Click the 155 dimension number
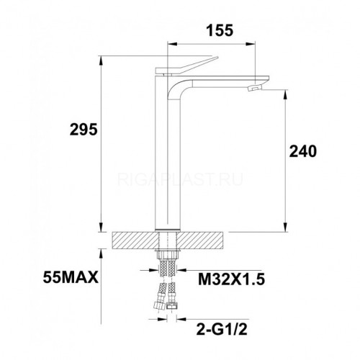click(220, 30)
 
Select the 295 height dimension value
click(84, 130)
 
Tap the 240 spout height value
click(303, 151)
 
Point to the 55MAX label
click(71, 278)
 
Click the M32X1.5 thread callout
click(231, 279)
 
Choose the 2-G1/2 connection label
click(222, 330)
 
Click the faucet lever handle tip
click(217, 58)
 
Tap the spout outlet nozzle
click(254, 88)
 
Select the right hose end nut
click(172, 306)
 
